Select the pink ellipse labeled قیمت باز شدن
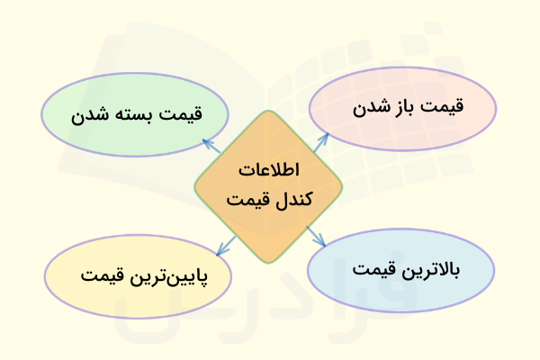tap(404, 106)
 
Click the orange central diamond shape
tap(268, 185)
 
